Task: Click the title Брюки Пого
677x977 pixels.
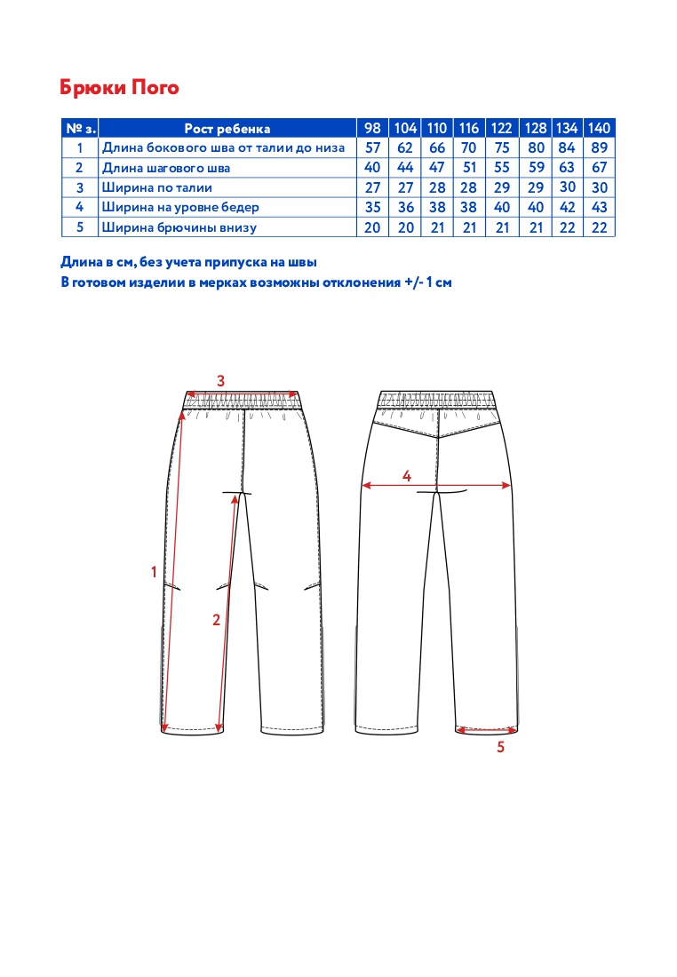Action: pos(119,87)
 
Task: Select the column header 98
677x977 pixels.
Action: pos(373,128)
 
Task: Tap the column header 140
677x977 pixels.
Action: pos(600,128)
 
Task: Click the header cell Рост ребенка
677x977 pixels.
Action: pos(227,129)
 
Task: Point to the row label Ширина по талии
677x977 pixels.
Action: pos(157,187)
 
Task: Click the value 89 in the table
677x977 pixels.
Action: pos(600,148)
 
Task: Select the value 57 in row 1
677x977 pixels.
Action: pos(373,148)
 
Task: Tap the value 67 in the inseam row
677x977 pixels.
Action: pos(600,168)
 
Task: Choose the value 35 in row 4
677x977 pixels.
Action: pos(373,208)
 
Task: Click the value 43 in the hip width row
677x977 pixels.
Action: pos(600,208)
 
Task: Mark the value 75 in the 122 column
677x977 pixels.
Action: pos(501,148)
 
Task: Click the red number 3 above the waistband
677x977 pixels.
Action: pos(221,381)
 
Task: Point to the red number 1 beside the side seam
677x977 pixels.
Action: pos(154,572)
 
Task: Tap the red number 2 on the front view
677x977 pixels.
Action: pos(216,621)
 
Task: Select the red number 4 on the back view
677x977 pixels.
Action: pos(407,476)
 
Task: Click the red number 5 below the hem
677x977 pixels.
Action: pos(500,748)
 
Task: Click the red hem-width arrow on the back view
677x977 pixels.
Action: pos(485,730)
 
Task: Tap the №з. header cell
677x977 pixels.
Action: pos(79,129)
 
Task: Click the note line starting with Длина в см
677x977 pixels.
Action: pos(188,263)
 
